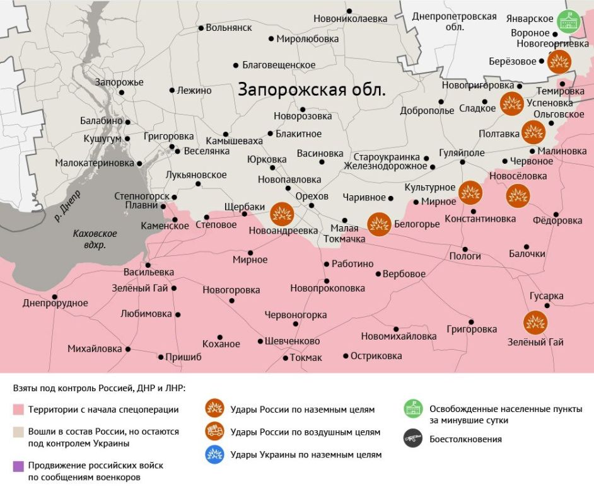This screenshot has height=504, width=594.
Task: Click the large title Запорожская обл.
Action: tap(312, 89)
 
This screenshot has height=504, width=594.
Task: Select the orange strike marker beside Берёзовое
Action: tap(559, 62)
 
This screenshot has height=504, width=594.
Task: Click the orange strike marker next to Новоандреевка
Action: tap(281, 214)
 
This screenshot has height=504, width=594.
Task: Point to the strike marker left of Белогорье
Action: tap(379, 224)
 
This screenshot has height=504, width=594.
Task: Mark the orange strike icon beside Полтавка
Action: tap(533, 132)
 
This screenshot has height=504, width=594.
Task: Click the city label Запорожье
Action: tap(119, 83)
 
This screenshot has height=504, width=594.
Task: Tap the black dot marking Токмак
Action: tap(285, 358)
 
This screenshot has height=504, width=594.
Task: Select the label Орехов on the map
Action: tap(312, 196)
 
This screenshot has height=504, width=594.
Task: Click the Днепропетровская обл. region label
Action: tap(454, 21)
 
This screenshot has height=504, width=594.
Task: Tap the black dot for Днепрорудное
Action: tap(55, 296)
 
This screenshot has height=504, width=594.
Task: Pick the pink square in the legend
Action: tap(18, 410)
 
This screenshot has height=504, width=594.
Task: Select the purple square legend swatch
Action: tap(18, 466)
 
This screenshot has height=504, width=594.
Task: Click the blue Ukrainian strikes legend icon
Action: tap(215, 454)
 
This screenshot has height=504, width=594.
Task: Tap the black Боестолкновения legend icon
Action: tap(414, 438)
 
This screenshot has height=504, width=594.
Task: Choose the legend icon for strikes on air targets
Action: tap(215, 432)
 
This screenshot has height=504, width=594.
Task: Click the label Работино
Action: tap(352, 264)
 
